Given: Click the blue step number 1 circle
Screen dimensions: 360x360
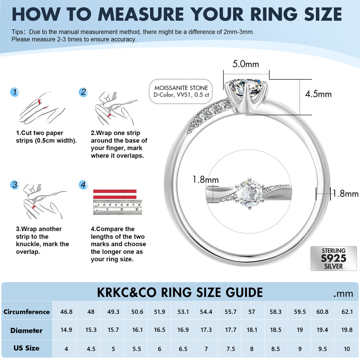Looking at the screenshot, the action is [x=15, y=92].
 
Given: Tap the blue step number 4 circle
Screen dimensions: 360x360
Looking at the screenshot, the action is [x=83, y=185].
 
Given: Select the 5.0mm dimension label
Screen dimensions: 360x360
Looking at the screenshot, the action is [x=246, y=64].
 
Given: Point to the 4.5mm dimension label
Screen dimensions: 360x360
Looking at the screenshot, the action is [x=318, y=94].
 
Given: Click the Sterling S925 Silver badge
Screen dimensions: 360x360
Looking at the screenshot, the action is [x=333, y=258].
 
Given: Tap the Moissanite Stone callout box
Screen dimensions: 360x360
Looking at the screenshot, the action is [x=181, y=91].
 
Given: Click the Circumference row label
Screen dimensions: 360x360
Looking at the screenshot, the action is [x=27, y=312].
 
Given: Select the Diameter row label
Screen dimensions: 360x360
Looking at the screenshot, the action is [x=27, y=330].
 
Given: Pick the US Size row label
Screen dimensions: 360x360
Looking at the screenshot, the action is [x=27, y=348].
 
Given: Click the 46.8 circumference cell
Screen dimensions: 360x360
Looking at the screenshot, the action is [x=66, y=312].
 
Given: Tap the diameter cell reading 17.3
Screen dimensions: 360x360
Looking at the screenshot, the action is [x=206, y=330].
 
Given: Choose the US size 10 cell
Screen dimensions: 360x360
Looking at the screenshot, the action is [x=346, y=349].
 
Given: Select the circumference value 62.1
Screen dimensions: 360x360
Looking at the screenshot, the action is [x=347, y=312].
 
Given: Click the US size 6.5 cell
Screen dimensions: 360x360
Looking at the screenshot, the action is [x=183, y=349].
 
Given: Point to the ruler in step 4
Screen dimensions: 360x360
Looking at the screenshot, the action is [x=117, y=207].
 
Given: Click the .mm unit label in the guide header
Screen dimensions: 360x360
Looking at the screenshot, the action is [x=343, y=294].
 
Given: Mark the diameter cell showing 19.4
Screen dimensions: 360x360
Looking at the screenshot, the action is [x=322, y=330].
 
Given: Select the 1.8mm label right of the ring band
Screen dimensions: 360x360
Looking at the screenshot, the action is [x=345, y=193].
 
